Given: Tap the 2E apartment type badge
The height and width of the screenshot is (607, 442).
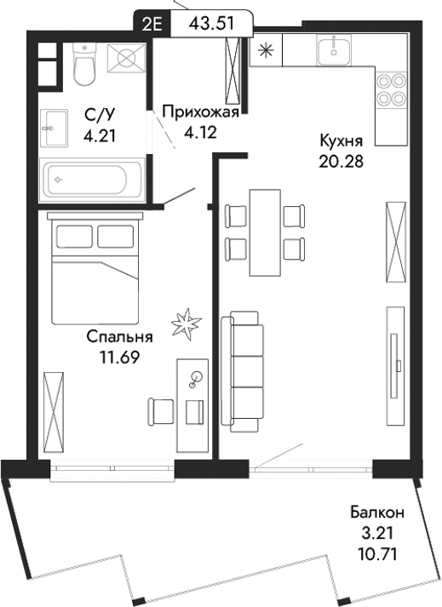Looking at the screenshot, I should coord(152,23).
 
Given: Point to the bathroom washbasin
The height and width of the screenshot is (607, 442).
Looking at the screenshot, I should coord(53,128).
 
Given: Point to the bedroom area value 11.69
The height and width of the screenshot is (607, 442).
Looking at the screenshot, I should coord(120,356).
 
